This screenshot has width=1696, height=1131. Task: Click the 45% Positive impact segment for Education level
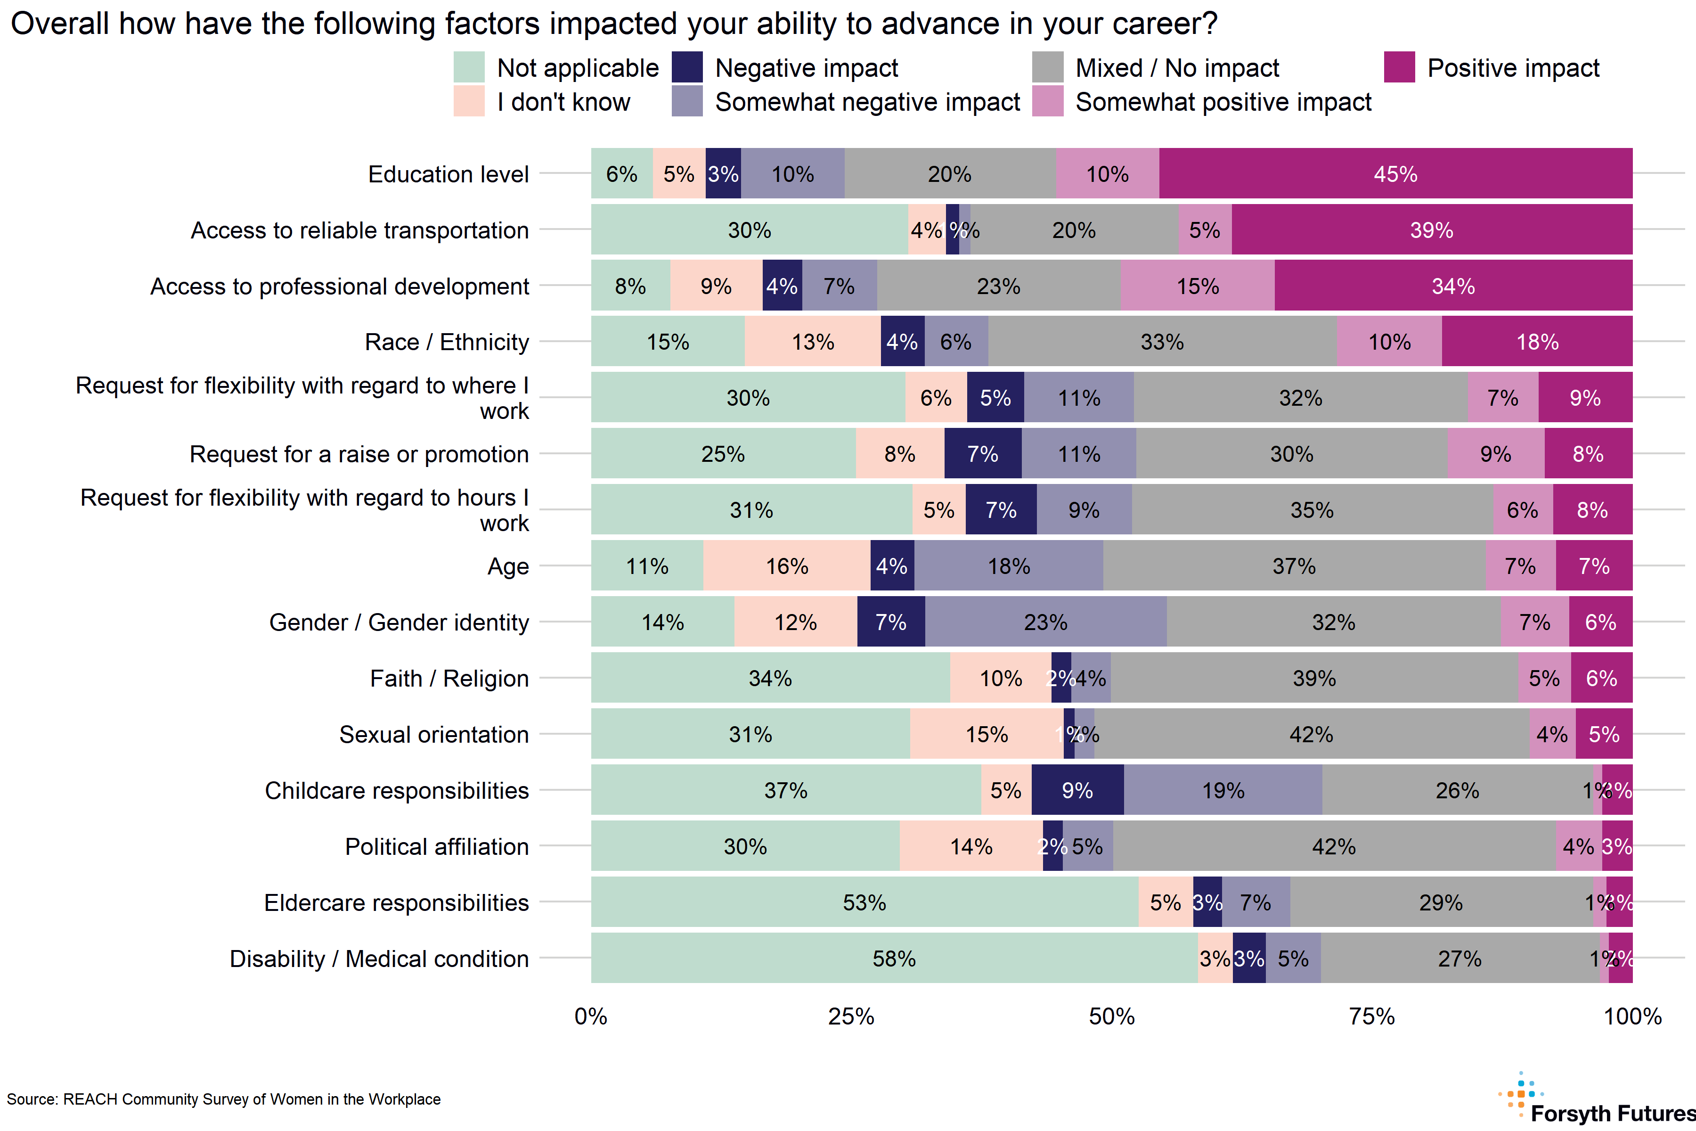[1395, 174]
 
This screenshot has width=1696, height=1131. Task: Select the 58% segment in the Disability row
[894, 959]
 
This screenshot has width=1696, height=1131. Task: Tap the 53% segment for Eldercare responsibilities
[864, 902]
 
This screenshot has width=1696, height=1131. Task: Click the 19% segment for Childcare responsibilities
[1223, 791]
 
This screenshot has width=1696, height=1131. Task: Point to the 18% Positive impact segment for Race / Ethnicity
[1537, 342]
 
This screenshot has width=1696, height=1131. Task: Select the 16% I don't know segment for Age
[787, 566]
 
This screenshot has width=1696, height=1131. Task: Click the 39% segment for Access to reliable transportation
[1431, 230]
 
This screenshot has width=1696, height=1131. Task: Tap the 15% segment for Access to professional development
[1198, 287]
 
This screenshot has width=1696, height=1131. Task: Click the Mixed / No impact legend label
[1177, 68]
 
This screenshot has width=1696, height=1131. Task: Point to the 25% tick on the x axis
[851, 1017]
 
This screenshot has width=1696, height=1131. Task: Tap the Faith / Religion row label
[449, 679]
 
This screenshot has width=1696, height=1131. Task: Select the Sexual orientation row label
[434, 734]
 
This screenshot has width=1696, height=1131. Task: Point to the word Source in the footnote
[31, 1099]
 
